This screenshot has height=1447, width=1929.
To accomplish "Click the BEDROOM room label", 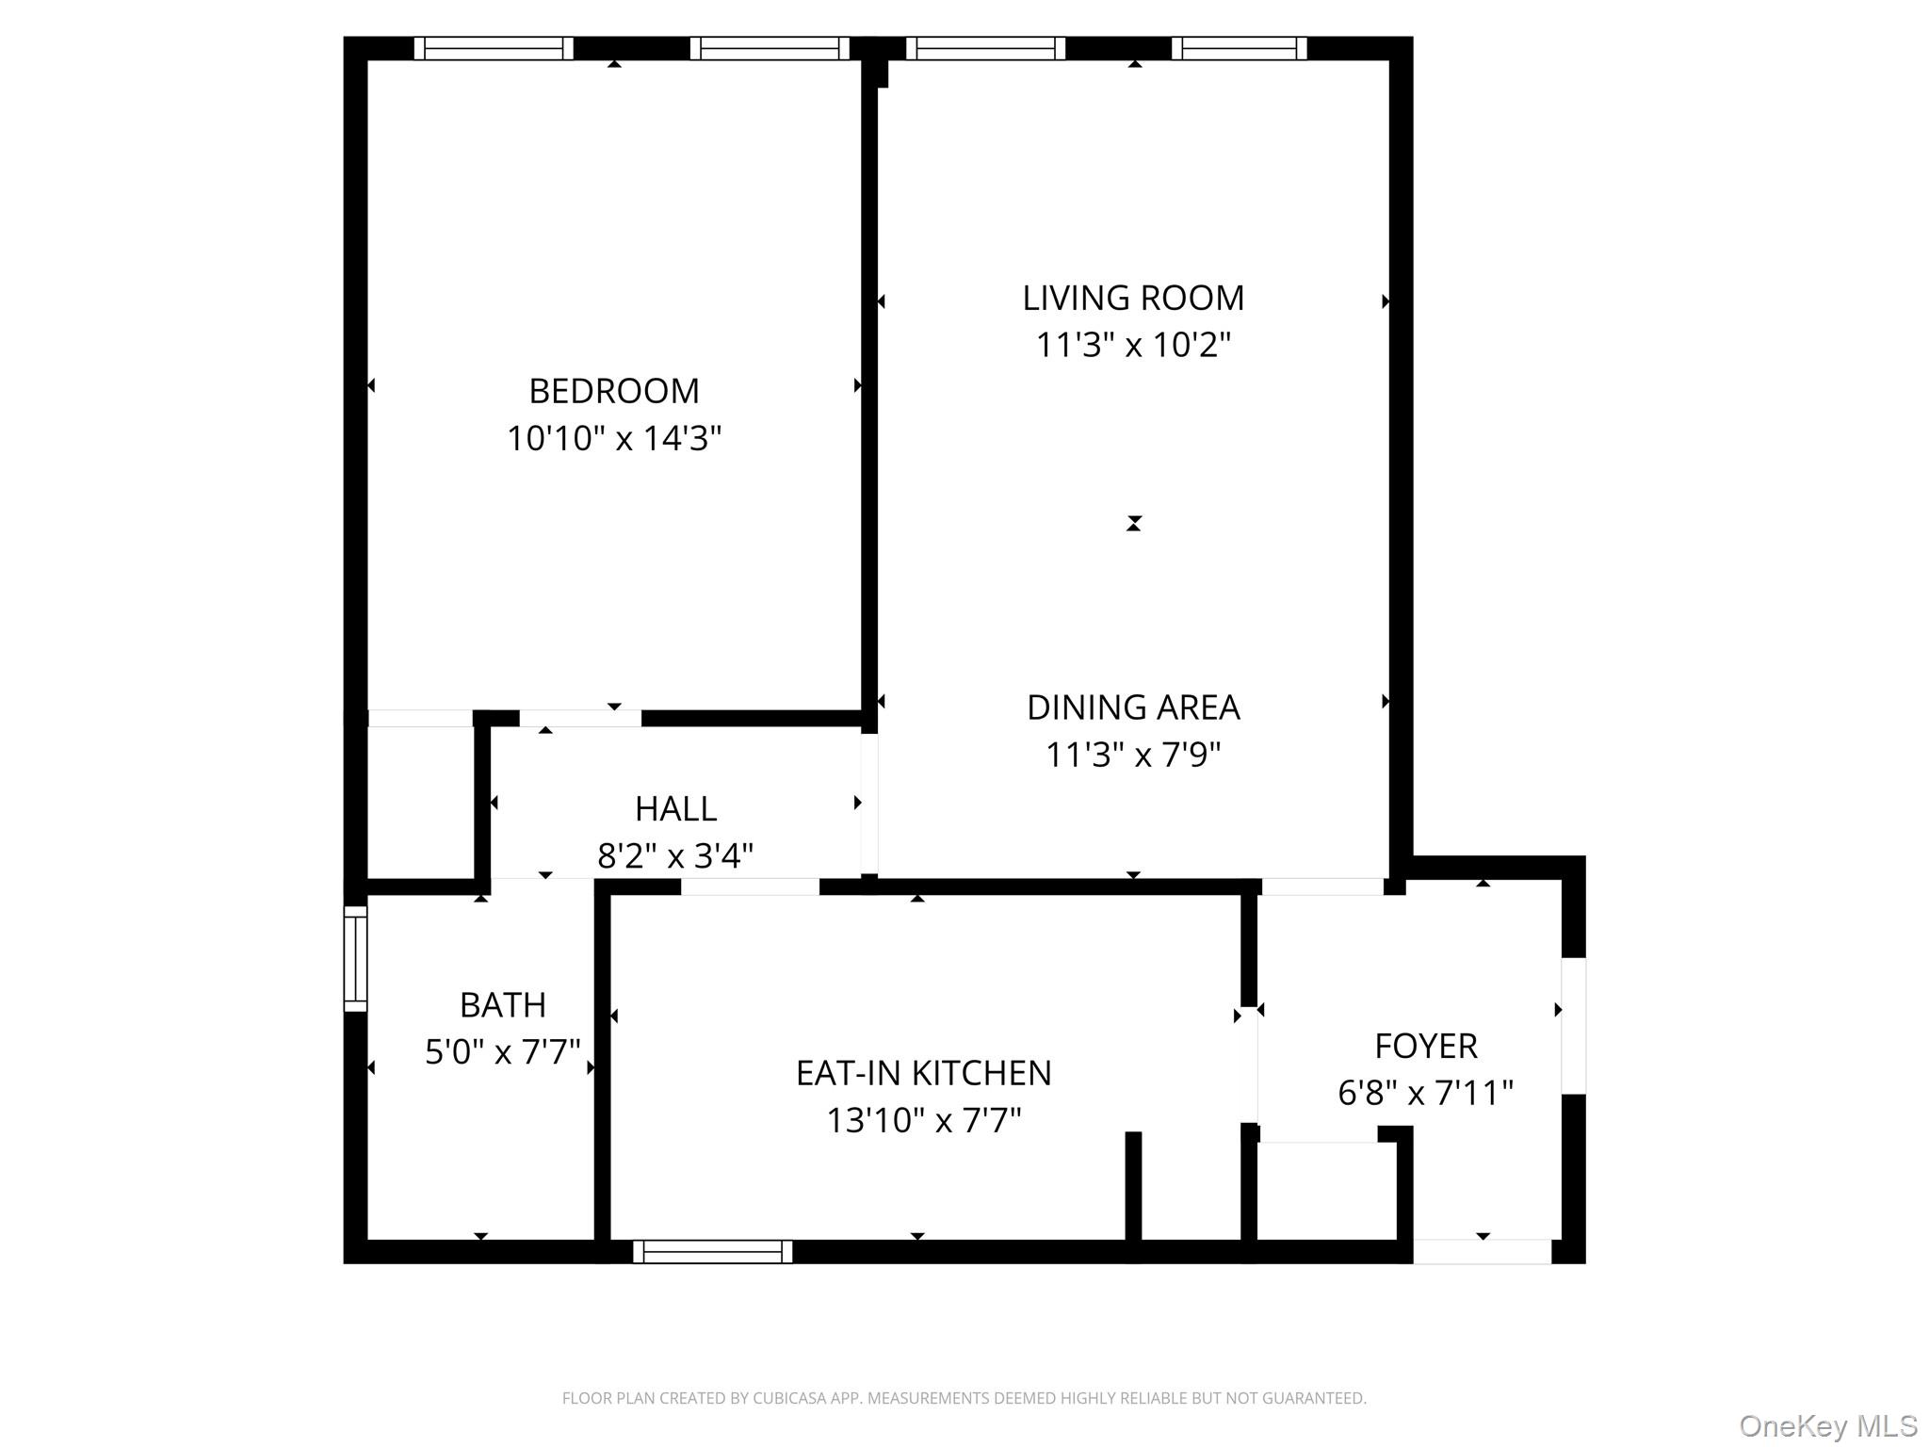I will (614, 391).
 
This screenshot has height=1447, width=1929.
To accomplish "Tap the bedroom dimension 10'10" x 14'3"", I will (614, 438).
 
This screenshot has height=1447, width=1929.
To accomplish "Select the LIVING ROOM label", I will (1133, 298).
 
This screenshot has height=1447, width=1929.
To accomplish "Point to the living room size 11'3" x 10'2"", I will (1133, 345).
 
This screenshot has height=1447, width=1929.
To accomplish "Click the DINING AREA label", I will (1133, 707).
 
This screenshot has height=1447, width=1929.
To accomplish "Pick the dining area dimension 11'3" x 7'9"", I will (1133, 755).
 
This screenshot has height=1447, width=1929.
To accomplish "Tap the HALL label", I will (675, 808).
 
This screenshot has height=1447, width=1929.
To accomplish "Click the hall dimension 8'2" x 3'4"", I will (675, 855).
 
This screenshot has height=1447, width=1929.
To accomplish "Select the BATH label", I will (502, 1005).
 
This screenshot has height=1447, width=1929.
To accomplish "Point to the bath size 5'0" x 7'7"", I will (502, 1051).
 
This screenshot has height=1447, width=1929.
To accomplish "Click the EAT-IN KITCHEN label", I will (923, 1073).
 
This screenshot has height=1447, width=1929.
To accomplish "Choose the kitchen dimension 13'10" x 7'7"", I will (923, 1120).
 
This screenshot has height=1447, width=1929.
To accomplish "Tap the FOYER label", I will (1425, 1046).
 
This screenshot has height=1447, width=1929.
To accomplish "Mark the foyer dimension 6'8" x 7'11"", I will (1425, 1093).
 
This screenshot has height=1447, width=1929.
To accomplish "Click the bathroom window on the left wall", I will (355, 959).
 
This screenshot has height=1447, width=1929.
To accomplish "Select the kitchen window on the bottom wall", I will (713, 1251).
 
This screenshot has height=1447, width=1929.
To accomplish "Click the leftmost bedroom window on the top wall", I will (494, 48).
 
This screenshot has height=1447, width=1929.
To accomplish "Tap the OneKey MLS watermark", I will (1827, 1425).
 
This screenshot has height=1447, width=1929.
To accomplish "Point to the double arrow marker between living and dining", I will (1133, 524).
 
